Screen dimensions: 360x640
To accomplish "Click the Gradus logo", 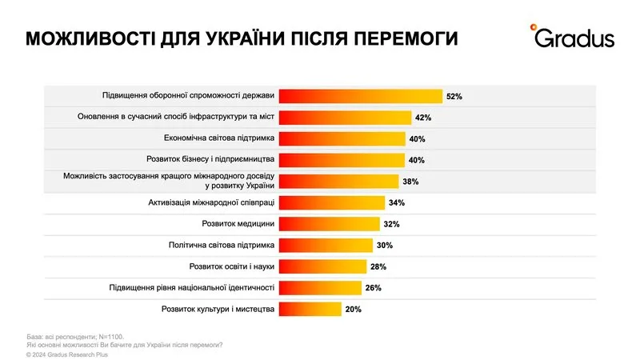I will [x=571, y=37].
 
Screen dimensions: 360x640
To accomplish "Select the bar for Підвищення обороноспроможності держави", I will [x=360, y=96].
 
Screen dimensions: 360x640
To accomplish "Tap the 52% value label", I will [x=454, y=96].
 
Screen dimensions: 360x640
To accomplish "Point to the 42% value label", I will [x=423, y=118].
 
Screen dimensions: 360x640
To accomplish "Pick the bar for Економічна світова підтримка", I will [x=342, y=138].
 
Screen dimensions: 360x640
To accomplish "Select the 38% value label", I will [x=410, y=182].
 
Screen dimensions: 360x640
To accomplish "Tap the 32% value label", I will [x=391, y=224].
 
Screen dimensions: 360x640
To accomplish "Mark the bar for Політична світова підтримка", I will [x=326, y=245].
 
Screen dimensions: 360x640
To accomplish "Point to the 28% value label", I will [x=378, y=266].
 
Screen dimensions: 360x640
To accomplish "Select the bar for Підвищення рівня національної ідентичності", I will [x=319, y=287].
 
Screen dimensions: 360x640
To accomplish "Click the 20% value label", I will [x=354, y=309].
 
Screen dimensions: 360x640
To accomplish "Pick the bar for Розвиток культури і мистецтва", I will [x=310, y=309].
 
